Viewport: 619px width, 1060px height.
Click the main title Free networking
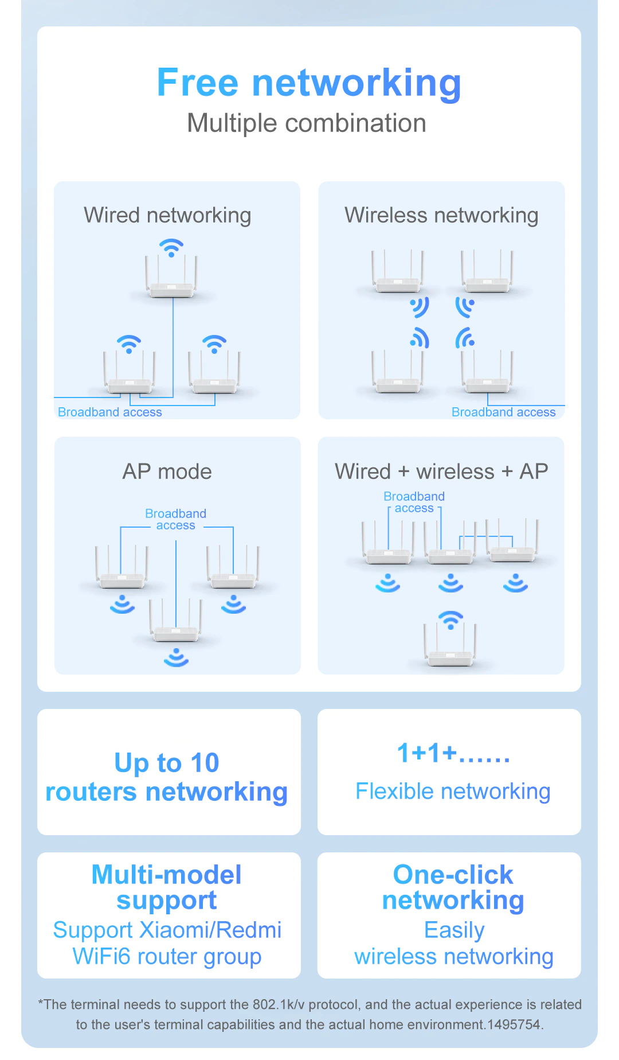click(309, 83)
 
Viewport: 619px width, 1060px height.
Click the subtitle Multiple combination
click(307, 123)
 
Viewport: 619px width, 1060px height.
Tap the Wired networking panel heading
click(167, 216)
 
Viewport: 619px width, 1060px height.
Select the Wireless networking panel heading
click(441, 216)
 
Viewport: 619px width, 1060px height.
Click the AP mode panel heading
click(167, 471)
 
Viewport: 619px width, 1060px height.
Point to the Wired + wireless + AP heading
click(441, 471)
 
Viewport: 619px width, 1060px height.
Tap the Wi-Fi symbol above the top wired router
click(171, 248)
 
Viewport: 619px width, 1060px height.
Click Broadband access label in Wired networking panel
click(110, 412)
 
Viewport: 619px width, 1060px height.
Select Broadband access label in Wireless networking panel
click(503, 412)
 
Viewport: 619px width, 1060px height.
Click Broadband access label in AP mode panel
click(175, 519)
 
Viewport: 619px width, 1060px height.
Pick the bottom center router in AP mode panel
click(176, 631)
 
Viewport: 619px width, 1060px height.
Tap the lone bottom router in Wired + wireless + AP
click(450, 654)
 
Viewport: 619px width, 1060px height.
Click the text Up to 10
click(167, 763)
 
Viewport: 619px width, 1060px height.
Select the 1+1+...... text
click(453, 753)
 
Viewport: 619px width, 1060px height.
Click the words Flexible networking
click(453, 792)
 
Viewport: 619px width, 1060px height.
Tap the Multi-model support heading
click(167, 887)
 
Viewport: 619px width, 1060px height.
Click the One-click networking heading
click(453, 887)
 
